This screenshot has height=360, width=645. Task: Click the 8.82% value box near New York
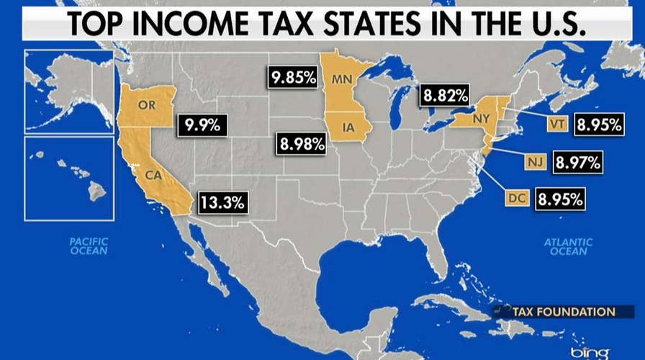(445, 94)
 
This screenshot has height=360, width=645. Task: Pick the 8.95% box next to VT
(598, 125)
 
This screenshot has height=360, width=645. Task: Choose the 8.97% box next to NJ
(577, 163)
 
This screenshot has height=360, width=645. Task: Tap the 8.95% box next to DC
(559, 198)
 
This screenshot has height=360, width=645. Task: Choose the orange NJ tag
(533, 162)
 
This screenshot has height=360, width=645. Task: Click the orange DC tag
(516, 198)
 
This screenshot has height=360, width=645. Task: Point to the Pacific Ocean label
(89, 246)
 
